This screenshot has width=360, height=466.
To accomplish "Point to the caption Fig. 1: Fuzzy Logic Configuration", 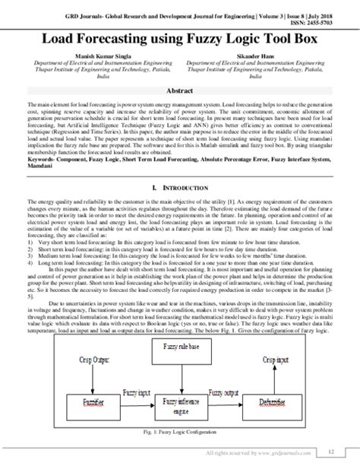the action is tap(180, 434).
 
